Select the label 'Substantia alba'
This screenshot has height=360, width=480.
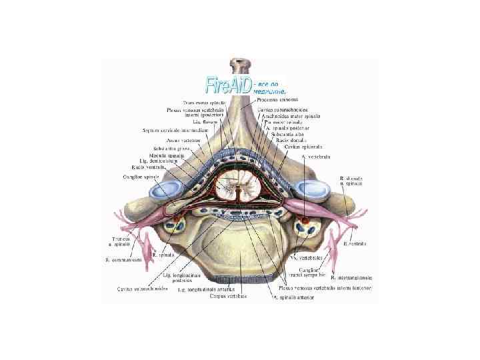point(289,134)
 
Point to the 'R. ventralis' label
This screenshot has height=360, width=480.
point(355,245)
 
